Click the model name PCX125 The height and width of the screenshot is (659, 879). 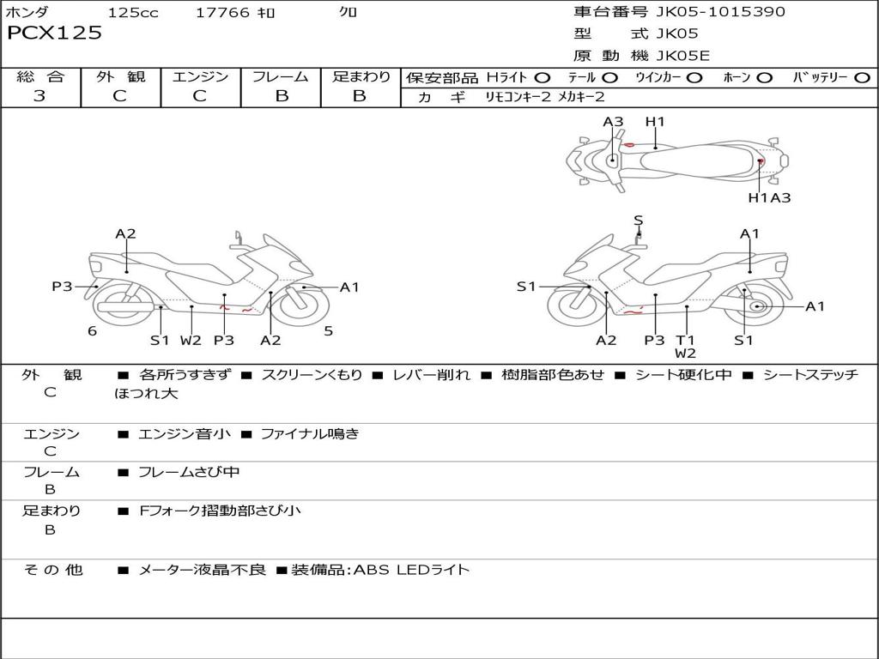[x=54, y=33]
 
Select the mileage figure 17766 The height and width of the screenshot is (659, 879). [x=222, y=12]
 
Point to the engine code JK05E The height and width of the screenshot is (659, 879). [x=683, y=56]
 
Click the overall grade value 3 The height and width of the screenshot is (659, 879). [x=39, y=96]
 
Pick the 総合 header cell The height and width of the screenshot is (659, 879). [x=40, y=76]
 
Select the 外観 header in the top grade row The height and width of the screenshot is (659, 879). [x=120, y=76]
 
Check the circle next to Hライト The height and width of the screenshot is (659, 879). [x=543, y=78]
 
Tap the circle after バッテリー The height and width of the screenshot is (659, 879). [x=862, y=78]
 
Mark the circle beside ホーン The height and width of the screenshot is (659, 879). [x=764, y=78]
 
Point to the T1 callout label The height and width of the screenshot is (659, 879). [x=685, y=340]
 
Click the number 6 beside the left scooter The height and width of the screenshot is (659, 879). [x=92, y=331]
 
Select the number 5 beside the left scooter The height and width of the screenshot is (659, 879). [x=328, y=331]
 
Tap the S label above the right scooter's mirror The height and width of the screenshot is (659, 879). [x=638, y=221]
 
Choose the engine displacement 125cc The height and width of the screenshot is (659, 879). [x=133, y=12]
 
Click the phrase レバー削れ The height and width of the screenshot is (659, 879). [x=432, y=375]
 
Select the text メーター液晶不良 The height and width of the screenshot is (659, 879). [x=203, y=570]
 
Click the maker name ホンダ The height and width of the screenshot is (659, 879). [x=27, y=12]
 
